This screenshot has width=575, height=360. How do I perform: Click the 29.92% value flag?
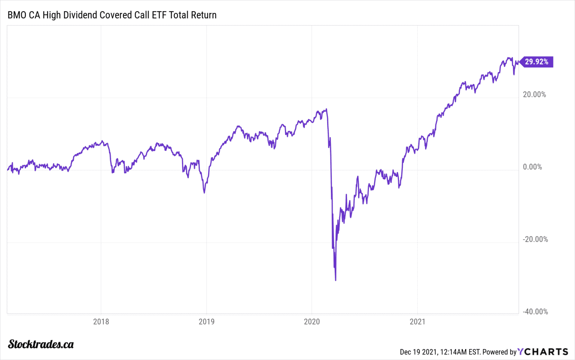point(536,62)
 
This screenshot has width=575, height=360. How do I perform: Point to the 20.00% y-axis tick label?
point(534,94)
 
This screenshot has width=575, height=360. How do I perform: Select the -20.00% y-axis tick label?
point(535,239)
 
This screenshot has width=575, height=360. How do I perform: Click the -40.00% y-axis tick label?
point(535,312)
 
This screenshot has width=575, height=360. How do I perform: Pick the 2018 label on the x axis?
point(101,322)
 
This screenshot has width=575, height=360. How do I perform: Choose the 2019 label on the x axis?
point(207,322)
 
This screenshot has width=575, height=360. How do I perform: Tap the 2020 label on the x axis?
point(312,322)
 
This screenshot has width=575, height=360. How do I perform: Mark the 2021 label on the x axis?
point(417,322)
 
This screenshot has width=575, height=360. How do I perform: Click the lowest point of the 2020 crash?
point(335,280)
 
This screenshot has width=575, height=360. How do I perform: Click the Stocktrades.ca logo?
point(41,344)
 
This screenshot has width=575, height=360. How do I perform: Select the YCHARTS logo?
point(543,352)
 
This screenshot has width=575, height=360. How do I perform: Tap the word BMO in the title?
point(17,15)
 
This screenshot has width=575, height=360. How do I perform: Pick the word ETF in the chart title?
point(159,15)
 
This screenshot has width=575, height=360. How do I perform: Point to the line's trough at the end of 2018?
point(204,193)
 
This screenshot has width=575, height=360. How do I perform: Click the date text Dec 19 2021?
point(419,352)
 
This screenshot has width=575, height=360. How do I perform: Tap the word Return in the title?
point(204,15)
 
